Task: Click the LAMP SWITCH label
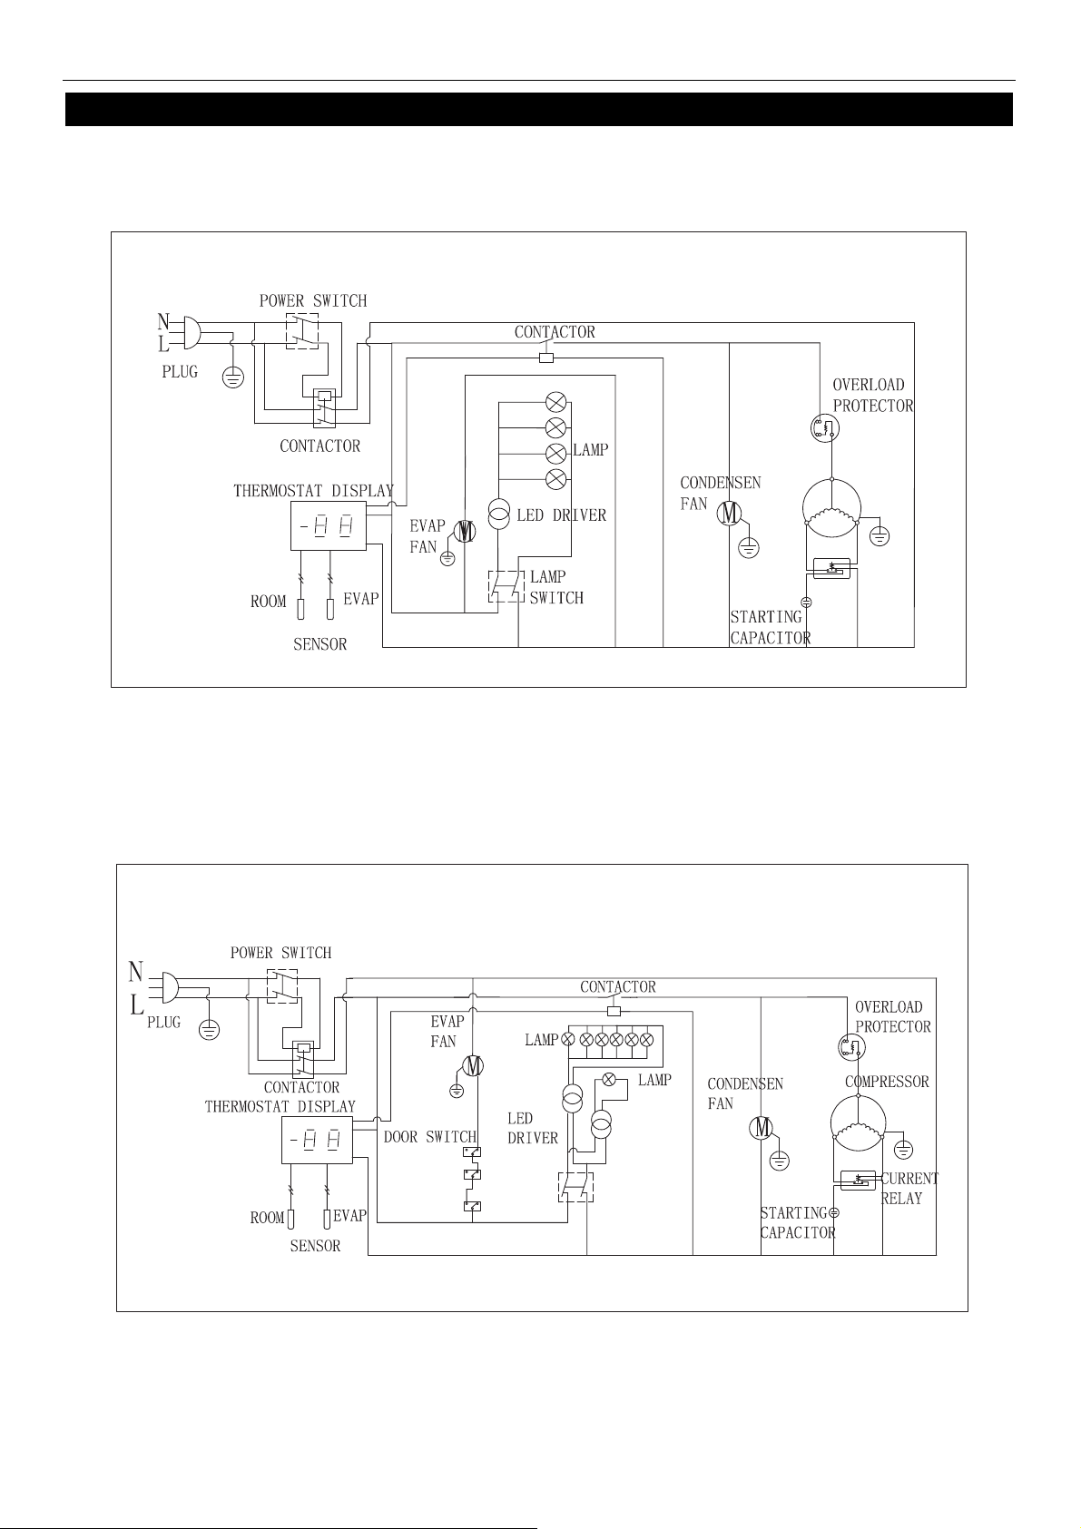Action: pos(556,587)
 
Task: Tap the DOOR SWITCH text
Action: pos(429,1136)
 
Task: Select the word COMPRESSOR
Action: pos(887,1082)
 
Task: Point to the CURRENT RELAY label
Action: pos(909,1189)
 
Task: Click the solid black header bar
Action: pos(539,109)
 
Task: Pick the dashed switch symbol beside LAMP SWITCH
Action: pos(506,586)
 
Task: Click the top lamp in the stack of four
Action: pos(556,402)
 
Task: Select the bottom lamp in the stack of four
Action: pos(556,479)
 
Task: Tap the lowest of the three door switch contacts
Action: pos(472,1206)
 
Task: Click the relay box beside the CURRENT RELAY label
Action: pos(858,1181)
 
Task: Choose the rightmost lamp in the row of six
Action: pos(646,1040)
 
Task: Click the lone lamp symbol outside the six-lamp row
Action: pos(609,1079)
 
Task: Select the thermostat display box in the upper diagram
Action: pos(329,525)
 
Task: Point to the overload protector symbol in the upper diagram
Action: pos(824,428)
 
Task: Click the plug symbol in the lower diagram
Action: pos(167,987)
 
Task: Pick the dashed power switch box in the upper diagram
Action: pos(302,332)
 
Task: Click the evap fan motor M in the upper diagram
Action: pos(465,531)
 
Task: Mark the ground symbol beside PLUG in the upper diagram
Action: pos(233,376)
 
